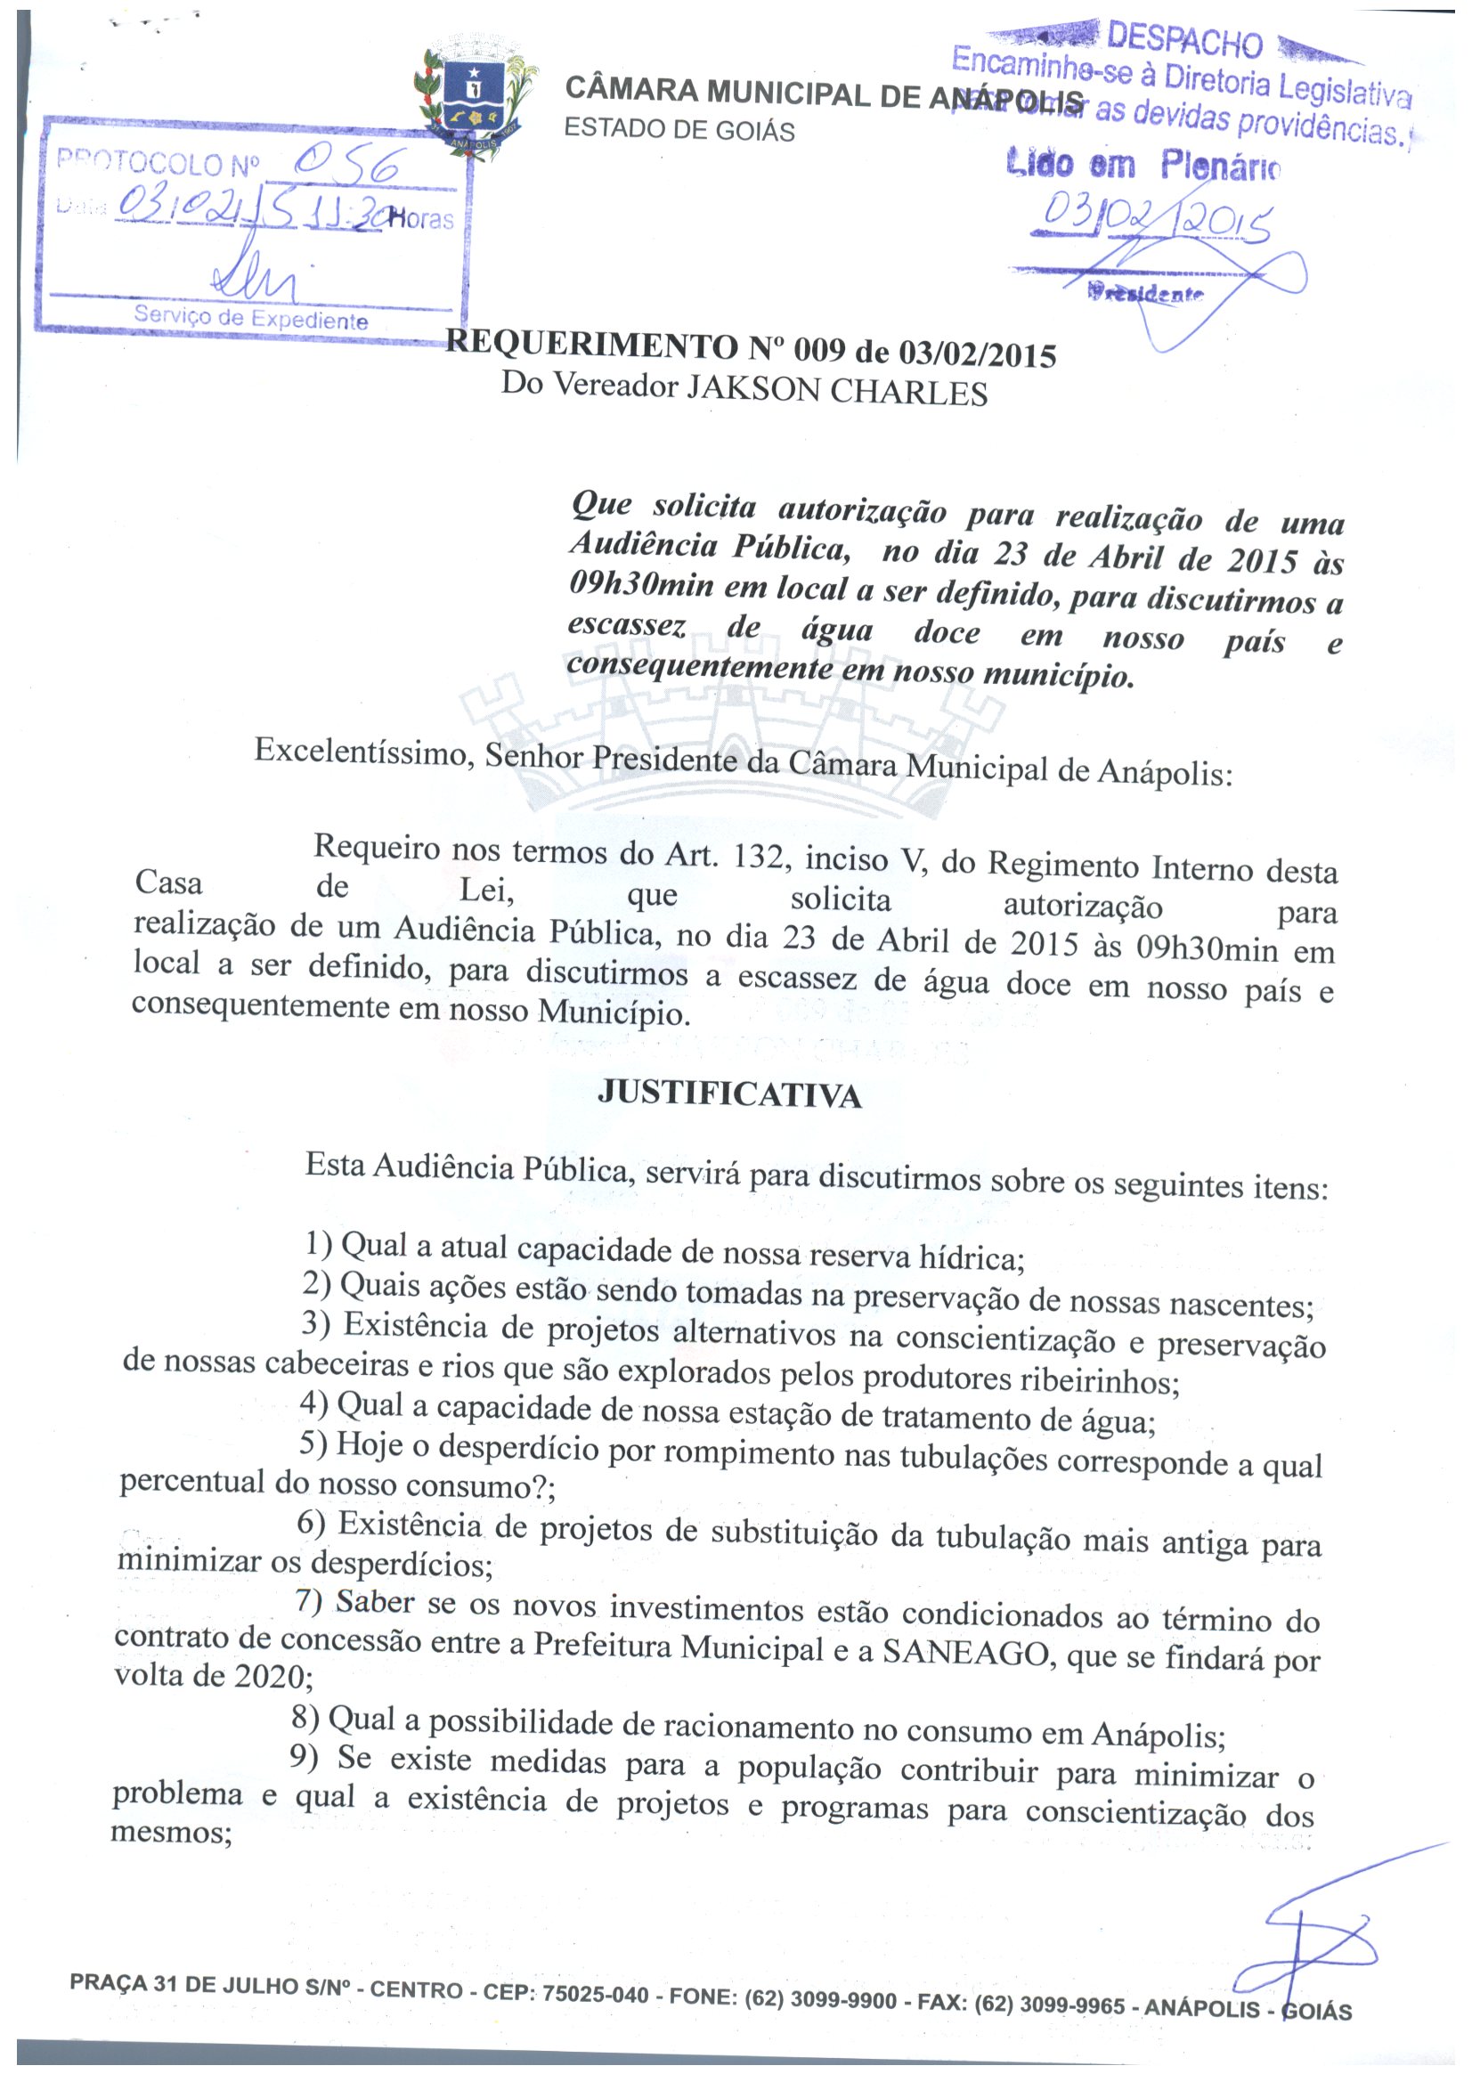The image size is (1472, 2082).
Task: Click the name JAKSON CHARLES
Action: [836, 391]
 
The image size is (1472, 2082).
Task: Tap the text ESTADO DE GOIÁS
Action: [679, 130]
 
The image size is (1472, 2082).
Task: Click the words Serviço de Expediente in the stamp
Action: [251, 319]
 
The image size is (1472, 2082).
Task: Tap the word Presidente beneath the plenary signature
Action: [1145, 293]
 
